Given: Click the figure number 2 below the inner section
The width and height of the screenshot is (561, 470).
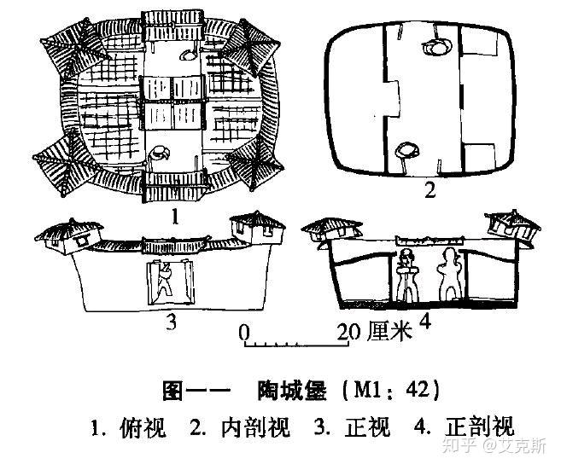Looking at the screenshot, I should [x=430, y=191].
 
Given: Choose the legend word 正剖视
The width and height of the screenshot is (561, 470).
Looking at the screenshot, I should [x=473, y=426].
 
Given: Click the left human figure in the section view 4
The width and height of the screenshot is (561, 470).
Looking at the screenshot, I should [x=406, y=277].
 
